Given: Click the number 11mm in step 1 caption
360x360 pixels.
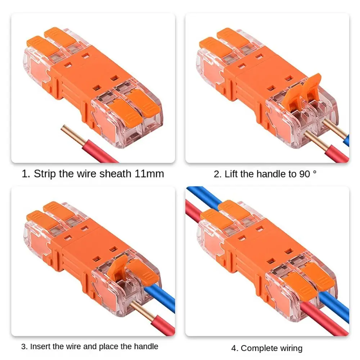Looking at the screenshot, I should coord(149,174).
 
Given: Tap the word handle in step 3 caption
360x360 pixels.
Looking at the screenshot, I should coord(146,347).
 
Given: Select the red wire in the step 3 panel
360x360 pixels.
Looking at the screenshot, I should coord(158,324).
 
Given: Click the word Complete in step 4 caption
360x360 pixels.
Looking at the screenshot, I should coord(256,348).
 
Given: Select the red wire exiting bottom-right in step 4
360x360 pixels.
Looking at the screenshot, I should coord(324,322).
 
